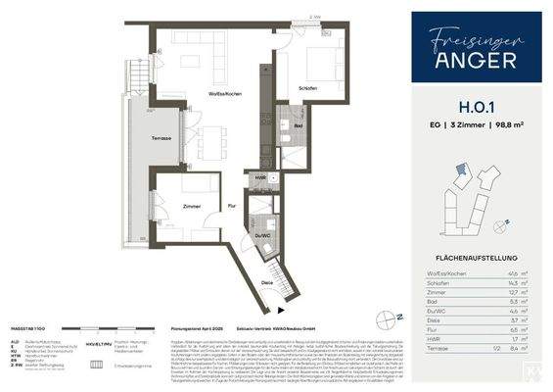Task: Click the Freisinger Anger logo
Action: point(476,48)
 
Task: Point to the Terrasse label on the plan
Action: point(162,137)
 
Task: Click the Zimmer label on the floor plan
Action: point(191,206)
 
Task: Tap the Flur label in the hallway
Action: point(233,206)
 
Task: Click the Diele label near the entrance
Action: point(267,282)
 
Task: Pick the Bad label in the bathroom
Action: point(296,125)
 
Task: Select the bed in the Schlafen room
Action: point(319,67)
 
